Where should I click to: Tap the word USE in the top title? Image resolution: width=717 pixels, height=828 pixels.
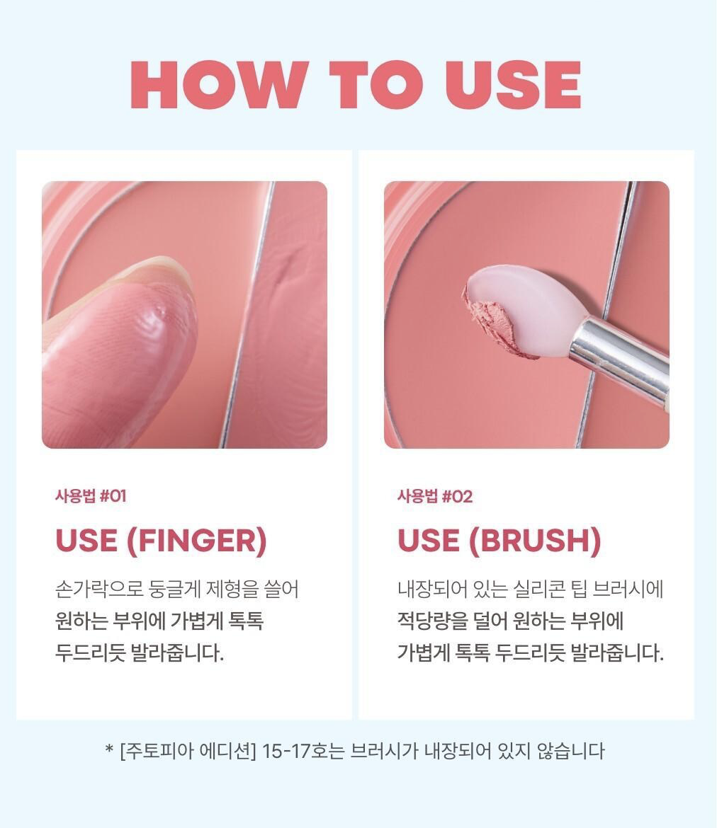coord(513,85)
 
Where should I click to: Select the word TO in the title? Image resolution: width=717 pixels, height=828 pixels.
coord(376,85)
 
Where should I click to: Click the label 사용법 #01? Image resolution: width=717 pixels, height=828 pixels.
coord(91,496)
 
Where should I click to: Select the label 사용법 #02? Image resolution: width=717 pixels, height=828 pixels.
coord(434,496)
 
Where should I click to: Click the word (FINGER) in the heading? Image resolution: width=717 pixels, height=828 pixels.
coord(197,541)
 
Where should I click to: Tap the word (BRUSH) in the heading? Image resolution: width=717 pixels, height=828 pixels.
coord(535,541)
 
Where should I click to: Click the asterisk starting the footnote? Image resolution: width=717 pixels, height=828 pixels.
coord(109,749)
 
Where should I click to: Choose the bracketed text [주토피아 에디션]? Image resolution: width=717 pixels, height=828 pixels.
coord(188,750)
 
